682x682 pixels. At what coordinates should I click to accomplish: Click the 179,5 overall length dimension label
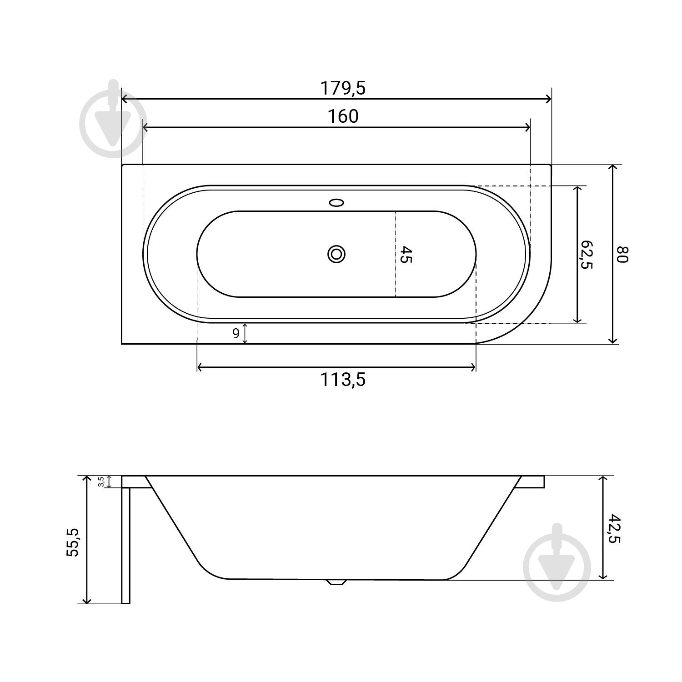click(x=343, y=88)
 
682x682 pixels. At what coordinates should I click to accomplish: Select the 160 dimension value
click(x=343, y=116)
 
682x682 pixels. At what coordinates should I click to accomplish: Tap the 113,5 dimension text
click(x=343, y=379)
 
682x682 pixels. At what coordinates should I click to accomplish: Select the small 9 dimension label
click(x=236, y=333)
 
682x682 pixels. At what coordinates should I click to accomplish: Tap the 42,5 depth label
click(x=614, y=528)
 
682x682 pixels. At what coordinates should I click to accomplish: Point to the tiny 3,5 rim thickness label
click(x=101, y=481)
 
